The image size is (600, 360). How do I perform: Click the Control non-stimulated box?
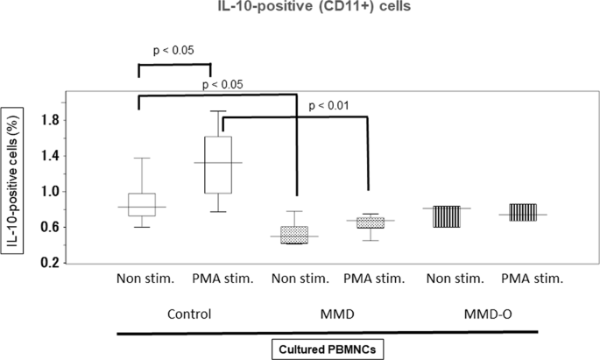pyautogui.click(x=141, y=204)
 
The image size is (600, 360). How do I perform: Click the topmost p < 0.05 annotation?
pyautogui.click(x=175, y=52)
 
